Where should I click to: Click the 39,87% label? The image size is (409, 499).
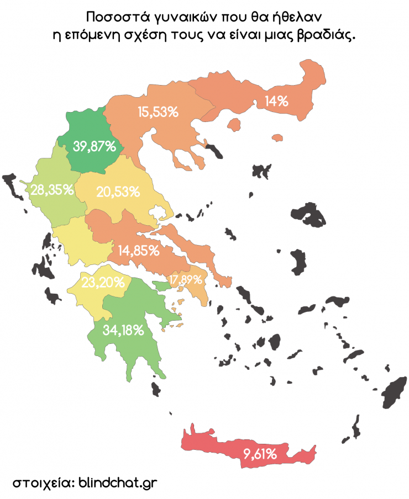[95, 147]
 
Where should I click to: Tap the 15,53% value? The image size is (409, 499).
[158, 112]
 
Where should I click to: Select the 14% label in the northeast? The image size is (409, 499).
[276, 101]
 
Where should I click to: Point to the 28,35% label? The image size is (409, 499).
[53, 190]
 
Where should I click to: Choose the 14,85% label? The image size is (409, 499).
[138, 250]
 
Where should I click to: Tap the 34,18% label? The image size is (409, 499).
[124, 331]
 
